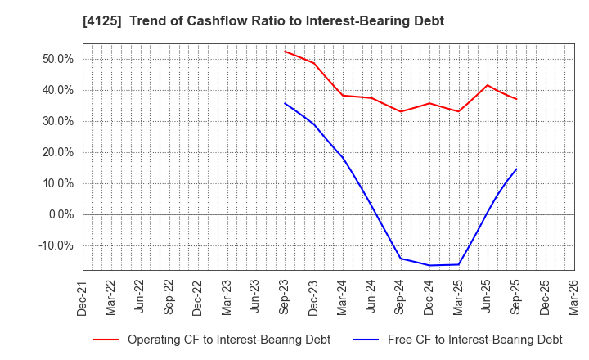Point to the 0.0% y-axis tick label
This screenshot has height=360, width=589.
click(61, 214)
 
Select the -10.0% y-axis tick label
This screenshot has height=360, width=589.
click(56, 245)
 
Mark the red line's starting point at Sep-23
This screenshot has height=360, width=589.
click(285, 52)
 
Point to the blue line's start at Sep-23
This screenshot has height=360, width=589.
click(285, 103)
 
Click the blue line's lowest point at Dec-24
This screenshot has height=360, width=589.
click(429, 265)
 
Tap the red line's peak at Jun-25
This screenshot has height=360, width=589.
click(488, 85)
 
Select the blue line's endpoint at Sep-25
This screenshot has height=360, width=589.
click(516, 169)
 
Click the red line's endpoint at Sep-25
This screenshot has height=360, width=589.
click(516, 99)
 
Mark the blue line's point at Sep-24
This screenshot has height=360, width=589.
click(401, 259)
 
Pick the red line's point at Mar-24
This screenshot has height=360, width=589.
click(343, 95)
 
